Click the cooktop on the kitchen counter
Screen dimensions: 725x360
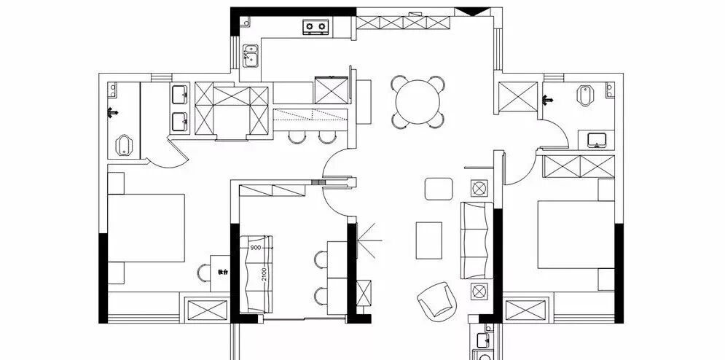pyautogui.click(x=316, y=27)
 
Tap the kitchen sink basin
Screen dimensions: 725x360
pyautogui.click(x=251, y=56)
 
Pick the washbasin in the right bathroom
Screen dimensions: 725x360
pyautogui.click(x=597, y=138)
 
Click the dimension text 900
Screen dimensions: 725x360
pyautogui.click(x=256, y=248)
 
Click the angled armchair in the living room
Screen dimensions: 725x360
pyautogui.click(x=436, y=299)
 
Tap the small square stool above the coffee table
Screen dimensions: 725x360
pyautogui.click(x=438, y=189)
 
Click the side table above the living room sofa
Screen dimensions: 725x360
pyautogui.click(x=479, y=189)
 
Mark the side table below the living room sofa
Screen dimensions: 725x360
pyautogui.click(x=479, y=292)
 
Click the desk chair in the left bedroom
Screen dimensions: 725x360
pyautogui.click(x=203, y=272)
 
